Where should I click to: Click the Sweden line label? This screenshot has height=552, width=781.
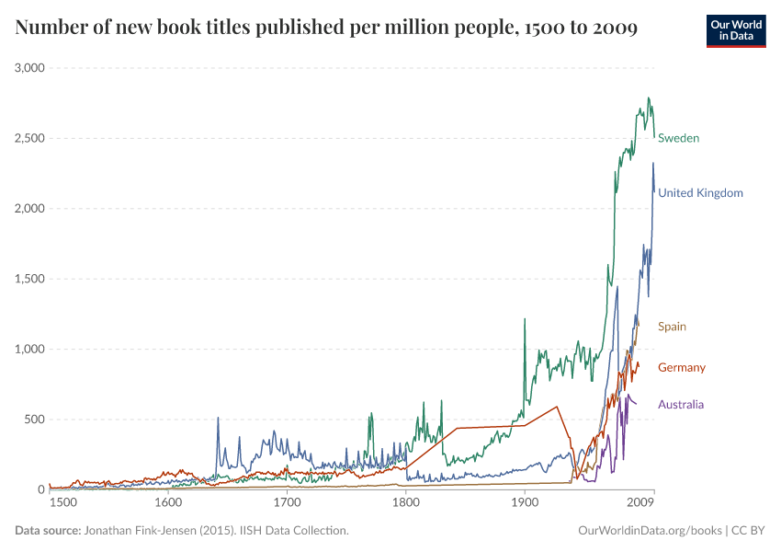[x=678, y=138]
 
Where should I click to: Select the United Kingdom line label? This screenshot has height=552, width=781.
[x=700, y=193]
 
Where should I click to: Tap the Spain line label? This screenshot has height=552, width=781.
[x=672, y=327]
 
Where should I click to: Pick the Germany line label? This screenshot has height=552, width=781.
[x=682, y=368]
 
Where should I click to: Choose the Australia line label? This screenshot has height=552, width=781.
[x=681, y=405]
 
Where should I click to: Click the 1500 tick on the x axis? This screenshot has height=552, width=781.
[x=62, y=503]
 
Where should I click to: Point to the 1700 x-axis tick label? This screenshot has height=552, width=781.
[x=287, y=503]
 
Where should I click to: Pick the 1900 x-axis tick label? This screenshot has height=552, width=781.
[x=525, y=503]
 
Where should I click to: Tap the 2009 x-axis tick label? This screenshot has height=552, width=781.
[x=640, y=503]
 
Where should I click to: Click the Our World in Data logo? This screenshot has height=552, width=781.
[x=735, y=30]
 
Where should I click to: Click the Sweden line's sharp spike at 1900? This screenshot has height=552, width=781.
[x=525, y=319]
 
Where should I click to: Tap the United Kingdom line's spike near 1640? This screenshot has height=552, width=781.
[x=218, y=419]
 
